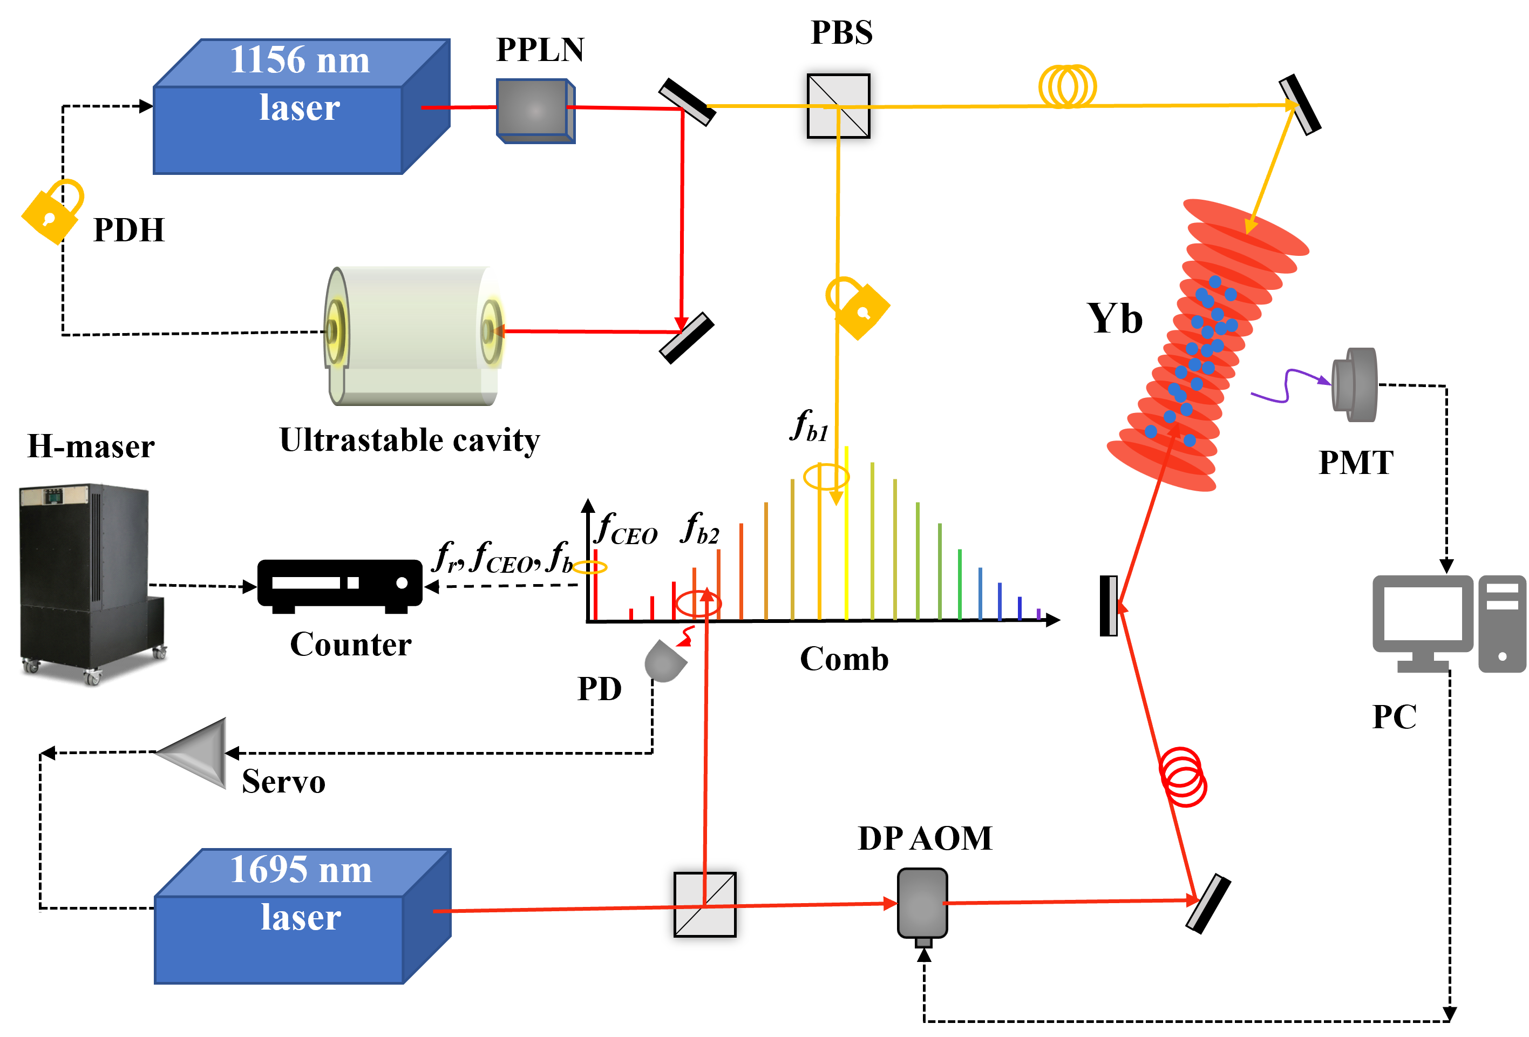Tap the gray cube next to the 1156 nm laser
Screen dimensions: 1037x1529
535,111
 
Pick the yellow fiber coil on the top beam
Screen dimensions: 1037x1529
1067,86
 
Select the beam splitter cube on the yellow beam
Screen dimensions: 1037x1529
838,106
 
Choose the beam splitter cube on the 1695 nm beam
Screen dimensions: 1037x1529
705,904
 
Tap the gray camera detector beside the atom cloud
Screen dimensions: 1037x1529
1354,384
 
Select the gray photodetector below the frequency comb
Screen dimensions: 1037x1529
663,662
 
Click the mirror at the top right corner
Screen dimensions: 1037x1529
1296,106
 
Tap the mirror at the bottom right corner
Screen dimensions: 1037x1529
1204,902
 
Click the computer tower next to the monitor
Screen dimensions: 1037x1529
1502,624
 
